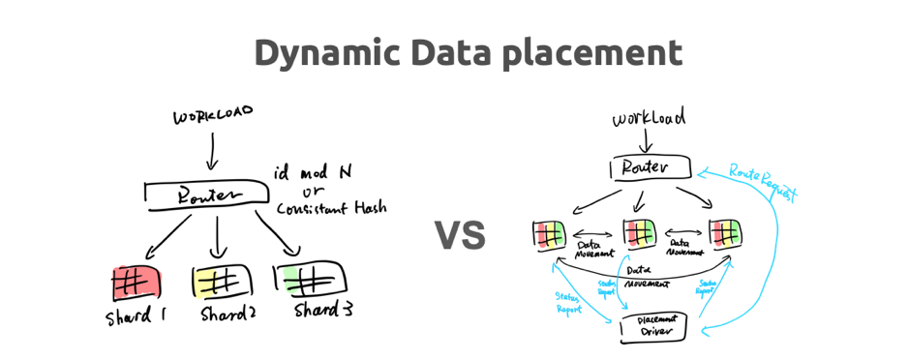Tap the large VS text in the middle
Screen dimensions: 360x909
coord(459,235)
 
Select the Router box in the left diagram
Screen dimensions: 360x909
coord(206,195)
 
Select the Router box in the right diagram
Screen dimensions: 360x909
coord(651,168)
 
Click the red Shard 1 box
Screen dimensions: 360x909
coord(136,282)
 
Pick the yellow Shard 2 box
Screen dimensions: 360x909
coord(222,283)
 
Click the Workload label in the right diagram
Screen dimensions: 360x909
coord(649,119)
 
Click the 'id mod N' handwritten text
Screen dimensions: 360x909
coord(313,171)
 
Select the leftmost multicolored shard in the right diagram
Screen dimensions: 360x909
coord(548,234)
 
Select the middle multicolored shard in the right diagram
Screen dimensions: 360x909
coord(640,233)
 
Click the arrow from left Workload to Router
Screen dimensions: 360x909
coord(212,150)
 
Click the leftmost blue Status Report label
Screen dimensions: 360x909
coord(568,302)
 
